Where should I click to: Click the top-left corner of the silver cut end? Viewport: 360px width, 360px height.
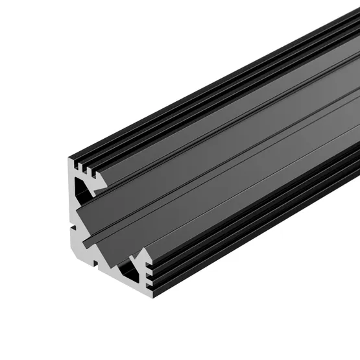coord(69,157)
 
